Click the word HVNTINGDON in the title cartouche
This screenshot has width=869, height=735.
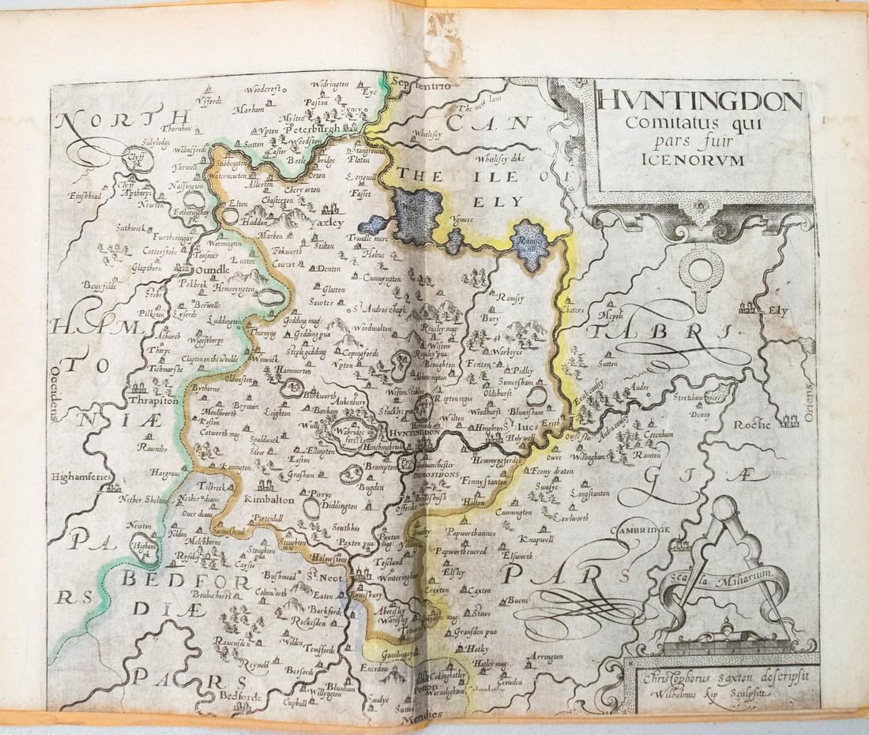[700, 101]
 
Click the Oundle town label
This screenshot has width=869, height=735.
[209, 269]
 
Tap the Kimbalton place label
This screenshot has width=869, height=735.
[269, 500]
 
